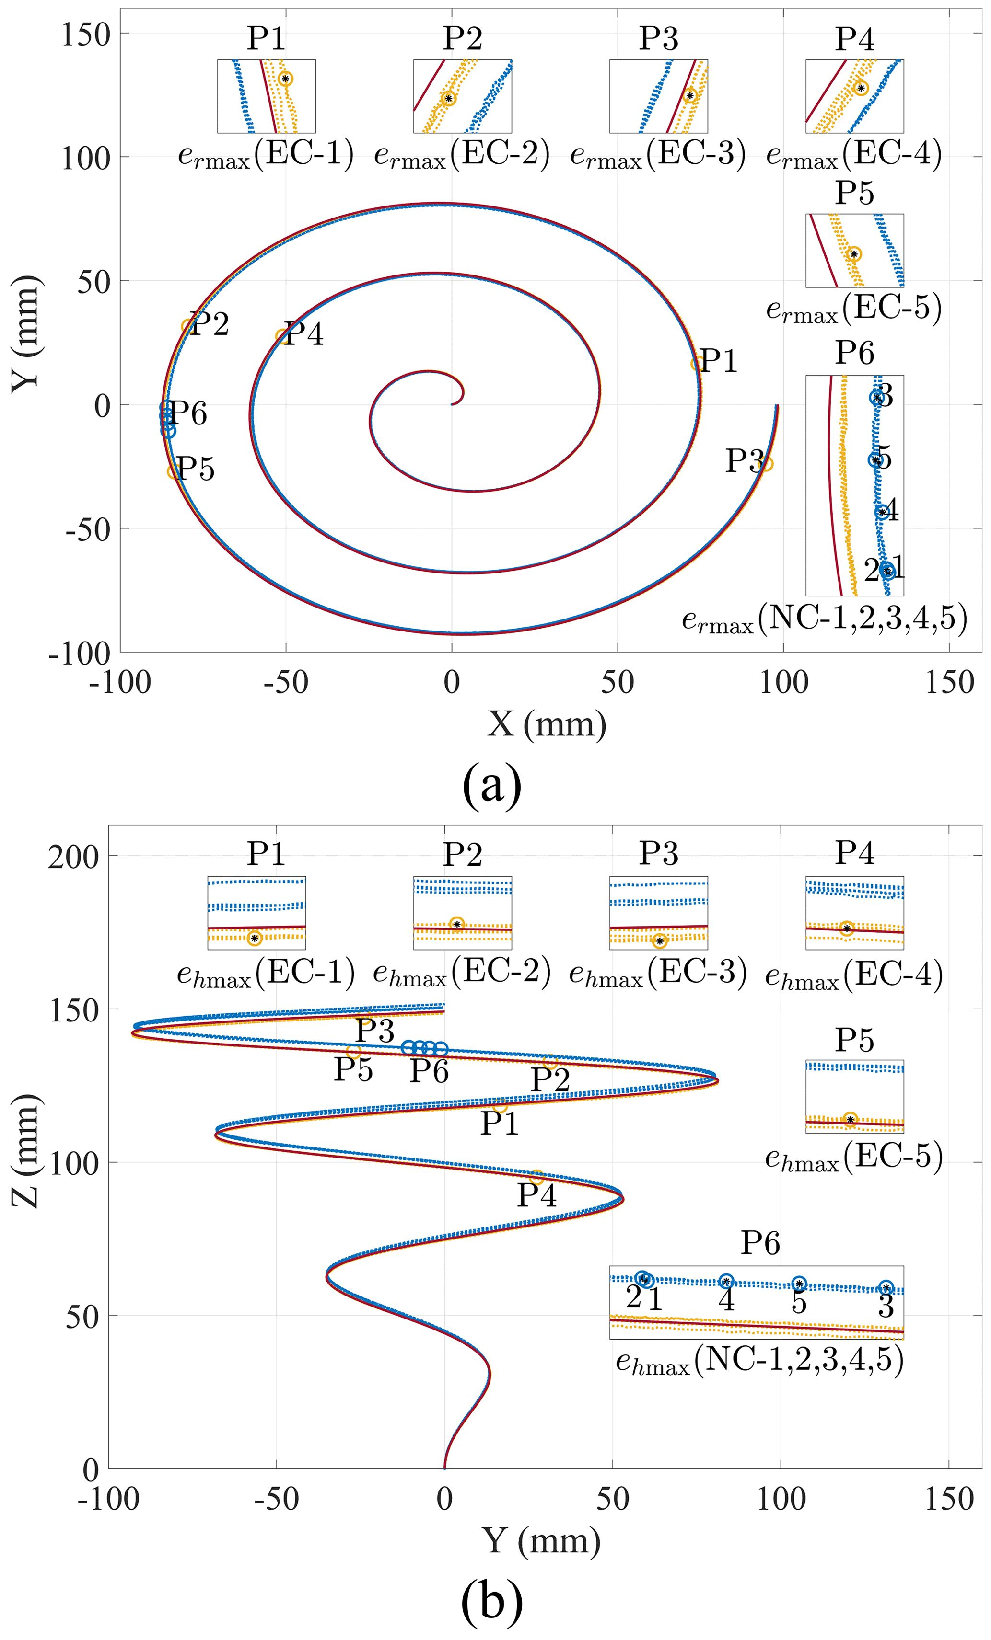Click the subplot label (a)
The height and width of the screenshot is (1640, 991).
491,785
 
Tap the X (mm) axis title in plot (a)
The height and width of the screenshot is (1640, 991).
546,723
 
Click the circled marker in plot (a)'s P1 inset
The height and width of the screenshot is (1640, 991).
286,79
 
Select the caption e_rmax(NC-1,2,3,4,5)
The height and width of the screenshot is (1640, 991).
824,619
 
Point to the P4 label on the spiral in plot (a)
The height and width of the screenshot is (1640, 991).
303,333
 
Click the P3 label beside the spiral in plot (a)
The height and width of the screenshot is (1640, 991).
744,460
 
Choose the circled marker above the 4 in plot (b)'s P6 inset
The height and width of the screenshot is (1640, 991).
726,1281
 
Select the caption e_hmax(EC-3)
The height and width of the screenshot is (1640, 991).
657,973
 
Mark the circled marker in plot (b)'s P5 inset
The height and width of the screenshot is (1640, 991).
850,1120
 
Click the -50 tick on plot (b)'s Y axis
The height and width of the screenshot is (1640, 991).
276,1499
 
